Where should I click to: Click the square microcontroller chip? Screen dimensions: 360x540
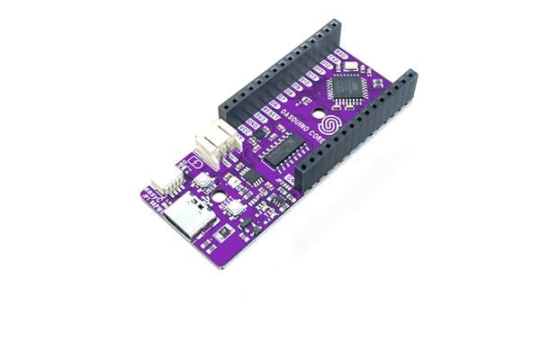point(346,88)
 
